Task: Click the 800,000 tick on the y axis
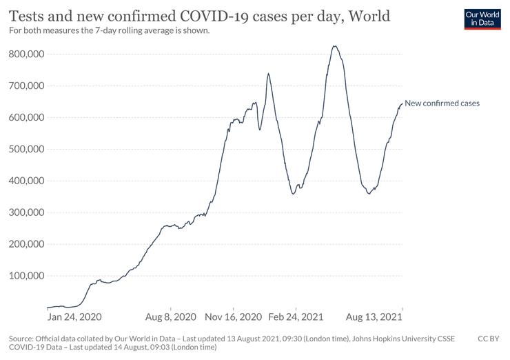(26, 54)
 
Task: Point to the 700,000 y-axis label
(26, 86)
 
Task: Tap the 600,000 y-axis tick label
(26, 117)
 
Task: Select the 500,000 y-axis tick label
(26, 149)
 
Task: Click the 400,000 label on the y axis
(26, 181)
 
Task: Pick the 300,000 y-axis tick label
(26, 212)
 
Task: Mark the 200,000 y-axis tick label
(26, 244)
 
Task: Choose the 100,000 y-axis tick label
(26, 276)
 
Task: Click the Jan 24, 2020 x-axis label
(74, 317)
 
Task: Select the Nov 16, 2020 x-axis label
(233, 317)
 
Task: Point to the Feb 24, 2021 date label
(295, 317)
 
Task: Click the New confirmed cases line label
(442, 103)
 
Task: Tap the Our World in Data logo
(482, 18)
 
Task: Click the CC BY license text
(489, 339)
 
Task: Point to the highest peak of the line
(334, 46)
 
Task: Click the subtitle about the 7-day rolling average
(108, 31)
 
